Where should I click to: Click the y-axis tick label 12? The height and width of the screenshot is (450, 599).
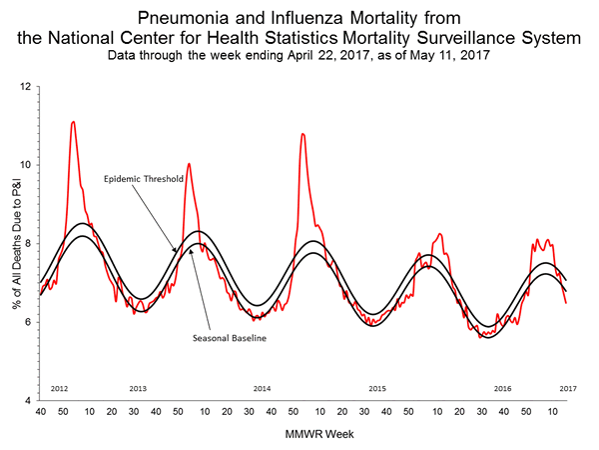tap(24, 87)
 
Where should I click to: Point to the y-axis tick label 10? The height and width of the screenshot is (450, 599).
tap(24, 165)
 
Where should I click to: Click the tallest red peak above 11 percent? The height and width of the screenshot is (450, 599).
tap(73, 122)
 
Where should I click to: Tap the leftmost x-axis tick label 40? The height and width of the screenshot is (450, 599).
tap(40, 411)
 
